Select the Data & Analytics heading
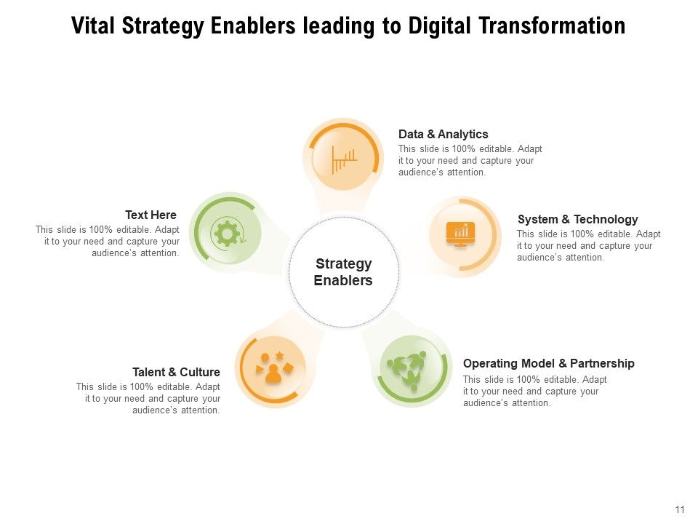[443, 135]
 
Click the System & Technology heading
[577, 219]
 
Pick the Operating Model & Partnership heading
[548, 363]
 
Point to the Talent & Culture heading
[176, 372]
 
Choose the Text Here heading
[151, 215]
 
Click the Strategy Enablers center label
[343, 272]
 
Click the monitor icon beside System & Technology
[461, 234]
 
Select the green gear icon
[227, 234]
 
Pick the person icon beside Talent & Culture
[273, 370]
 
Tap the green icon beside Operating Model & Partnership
[411, 369]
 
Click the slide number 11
[680, 509]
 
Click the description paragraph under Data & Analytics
[470, 161]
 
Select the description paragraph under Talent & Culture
[148, 399]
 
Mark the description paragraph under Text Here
[108, 242]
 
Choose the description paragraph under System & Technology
[588, 246]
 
